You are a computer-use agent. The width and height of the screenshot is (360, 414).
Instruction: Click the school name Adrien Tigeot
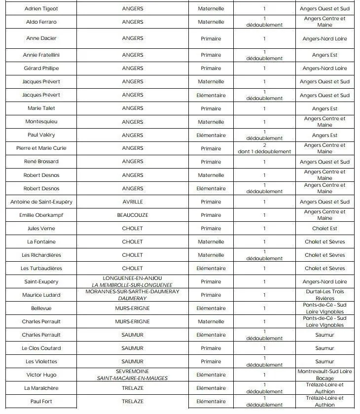[x=41, y=9]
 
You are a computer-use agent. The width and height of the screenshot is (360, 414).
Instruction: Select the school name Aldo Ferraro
[x=41, y=22]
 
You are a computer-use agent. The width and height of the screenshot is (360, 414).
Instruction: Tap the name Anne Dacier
[x=41, y=38]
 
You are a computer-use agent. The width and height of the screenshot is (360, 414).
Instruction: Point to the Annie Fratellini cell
[x=41, y=55]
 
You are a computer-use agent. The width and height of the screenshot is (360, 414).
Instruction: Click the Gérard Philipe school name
[x=41, y=68]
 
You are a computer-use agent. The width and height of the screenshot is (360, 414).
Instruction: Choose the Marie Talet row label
[x=41, y=108]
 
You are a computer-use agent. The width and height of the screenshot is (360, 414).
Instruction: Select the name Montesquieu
[x=41, y=122]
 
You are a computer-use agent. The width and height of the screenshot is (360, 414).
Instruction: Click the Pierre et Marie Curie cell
[x=41, y=148]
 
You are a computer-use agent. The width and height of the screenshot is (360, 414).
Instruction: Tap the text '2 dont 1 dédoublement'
[x=264, y=148]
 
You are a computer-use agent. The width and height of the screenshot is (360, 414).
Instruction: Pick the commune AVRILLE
[x=132, y=202]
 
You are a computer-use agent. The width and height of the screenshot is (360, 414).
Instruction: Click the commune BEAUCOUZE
[x=132, y=215]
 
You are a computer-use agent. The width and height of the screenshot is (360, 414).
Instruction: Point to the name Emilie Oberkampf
[x=41, y=215]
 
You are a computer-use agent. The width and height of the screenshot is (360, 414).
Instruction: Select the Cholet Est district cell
[x=324, y=228]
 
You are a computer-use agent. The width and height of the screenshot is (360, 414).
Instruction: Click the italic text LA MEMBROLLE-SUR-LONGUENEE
[x=132, y=285]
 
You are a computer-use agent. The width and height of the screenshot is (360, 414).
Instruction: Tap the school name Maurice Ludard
[x=41, y=295]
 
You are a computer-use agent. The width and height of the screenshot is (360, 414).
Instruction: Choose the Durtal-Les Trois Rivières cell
[x=324, y=295]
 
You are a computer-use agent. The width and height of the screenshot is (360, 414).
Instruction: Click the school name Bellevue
[x=41, y=308]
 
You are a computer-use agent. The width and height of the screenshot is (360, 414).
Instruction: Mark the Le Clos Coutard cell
[x=41, y=348]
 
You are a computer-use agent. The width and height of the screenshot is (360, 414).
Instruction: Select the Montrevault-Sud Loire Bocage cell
[x=324, y=375]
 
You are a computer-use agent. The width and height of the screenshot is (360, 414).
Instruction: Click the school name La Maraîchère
[x=41, y=388]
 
